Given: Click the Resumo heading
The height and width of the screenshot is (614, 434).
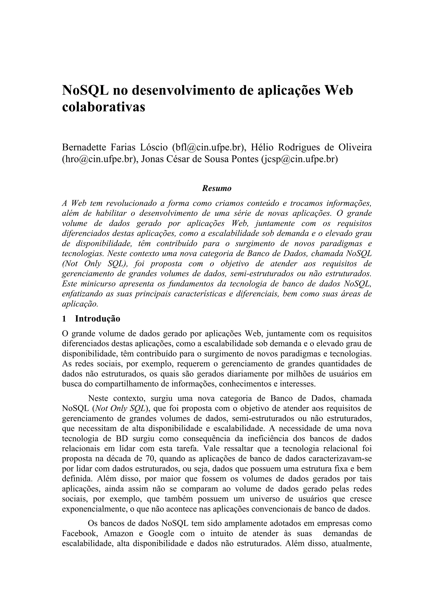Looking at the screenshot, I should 217,188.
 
